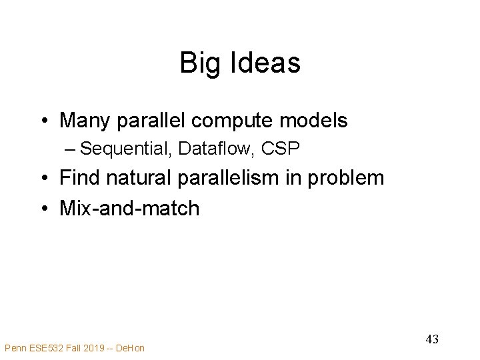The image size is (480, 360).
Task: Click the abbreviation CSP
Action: (x=281, y=149)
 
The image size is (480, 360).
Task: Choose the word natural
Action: (x=141, y=177)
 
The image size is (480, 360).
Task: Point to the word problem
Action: (x=353, y=178)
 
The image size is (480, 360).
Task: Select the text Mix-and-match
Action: (x=129, y=208)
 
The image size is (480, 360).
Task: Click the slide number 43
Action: (x=432, y=339)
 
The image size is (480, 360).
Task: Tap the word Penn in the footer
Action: (x=16, y=347)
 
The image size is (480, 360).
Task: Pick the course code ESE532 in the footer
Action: (x=50, y=347)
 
